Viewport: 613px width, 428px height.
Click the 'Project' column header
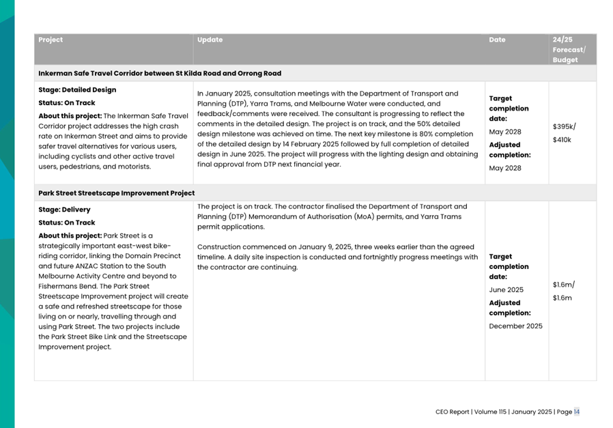pyautogui.click(x=51, y=40)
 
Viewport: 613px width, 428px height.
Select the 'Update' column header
pyautogui.click(x=210, y=40)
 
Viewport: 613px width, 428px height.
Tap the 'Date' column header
pyautogui.click(x=497, y=40)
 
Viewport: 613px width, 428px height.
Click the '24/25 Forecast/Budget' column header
pyautogui.click(x=569, y=50)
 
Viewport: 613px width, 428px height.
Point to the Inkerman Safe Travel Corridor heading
pyautogui.click(x=160, y=73)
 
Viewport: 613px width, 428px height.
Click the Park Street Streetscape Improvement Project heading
pyautogui.click(x=116, y=193)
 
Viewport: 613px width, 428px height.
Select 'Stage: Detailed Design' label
pyautogui.click(x=77, y=89)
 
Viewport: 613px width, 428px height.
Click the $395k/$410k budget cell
pyautogui.click(x=563, y=133)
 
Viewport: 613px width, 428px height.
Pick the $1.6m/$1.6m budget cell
pyautogui.click(x=563, y=291)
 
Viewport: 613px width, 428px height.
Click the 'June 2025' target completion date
pyautogui.click(x=505, y=289)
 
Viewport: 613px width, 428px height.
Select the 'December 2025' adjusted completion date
pyautogui.click(x=515, y=326)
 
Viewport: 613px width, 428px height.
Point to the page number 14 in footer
pyautogui.click(x=577, y=412)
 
